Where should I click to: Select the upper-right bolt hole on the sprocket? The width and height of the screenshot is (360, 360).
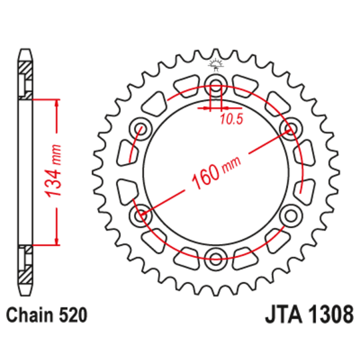point(291,128)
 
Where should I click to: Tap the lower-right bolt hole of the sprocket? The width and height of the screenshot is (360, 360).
point(291,215)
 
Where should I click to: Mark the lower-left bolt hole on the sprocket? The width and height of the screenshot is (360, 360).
point(141,215)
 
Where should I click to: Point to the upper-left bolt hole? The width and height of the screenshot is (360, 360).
point(141,128)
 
